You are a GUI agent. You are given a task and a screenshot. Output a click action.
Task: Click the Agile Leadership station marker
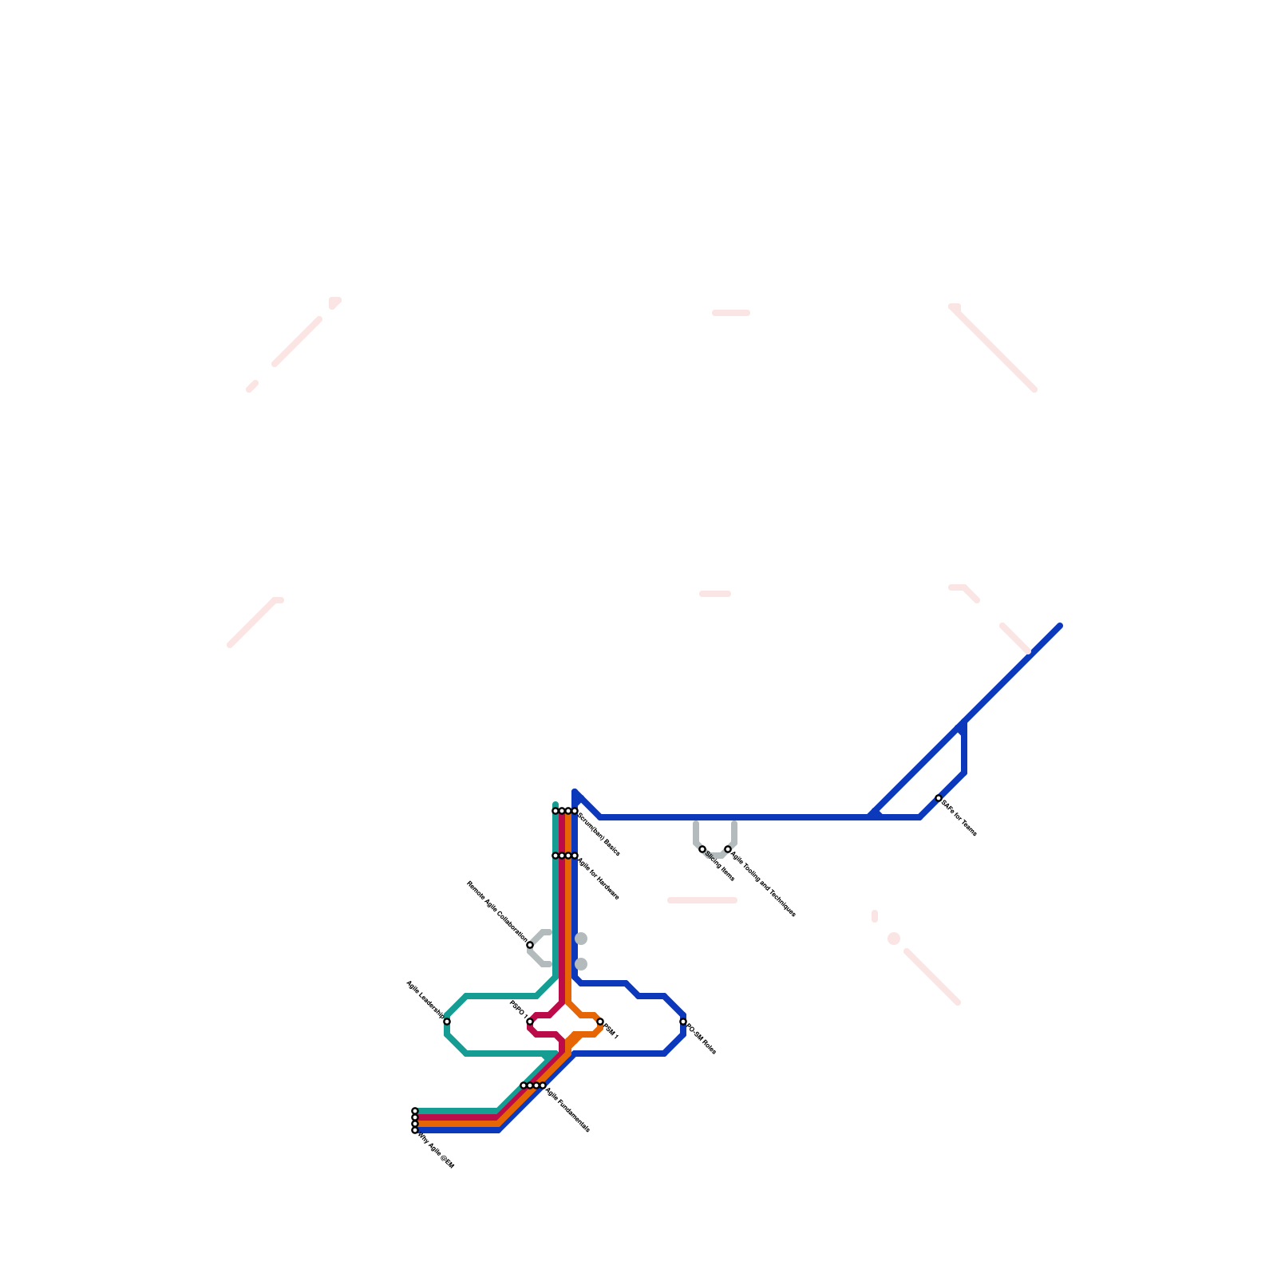(447, 1022)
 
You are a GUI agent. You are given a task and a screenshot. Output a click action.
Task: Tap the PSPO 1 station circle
(530, 1022)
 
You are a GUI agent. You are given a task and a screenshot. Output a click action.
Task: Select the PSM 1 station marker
(600, 1022)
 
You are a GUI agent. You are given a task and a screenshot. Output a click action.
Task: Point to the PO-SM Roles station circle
(683, 1022)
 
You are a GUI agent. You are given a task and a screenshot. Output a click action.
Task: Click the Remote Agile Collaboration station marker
(530, 945)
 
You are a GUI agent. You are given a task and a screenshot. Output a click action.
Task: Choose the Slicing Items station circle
(702, 849)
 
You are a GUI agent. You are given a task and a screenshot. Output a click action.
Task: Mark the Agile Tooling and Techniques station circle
(728, 849)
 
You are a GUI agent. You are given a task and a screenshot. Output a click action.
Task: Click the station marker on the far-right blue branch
(939, 798)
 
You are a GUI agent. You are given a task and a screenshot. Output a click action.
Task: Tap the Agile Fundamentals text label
(567, 1109)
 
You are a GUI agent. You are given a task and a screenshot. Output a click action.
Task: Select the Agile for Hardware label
(599, 879)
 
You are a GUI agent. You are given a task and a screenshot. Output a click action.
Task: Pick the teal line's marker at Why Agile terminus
(415, 1111)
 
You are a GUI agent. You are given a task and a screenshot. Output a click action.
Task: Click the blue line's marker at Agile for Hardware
(575, 856)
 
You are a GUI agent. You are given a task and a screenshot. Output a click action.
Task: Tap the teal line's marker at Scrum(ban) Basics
(555, 811)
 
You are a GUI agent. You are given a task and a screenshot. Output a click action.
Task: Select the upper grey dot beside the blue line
(581, 939)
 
